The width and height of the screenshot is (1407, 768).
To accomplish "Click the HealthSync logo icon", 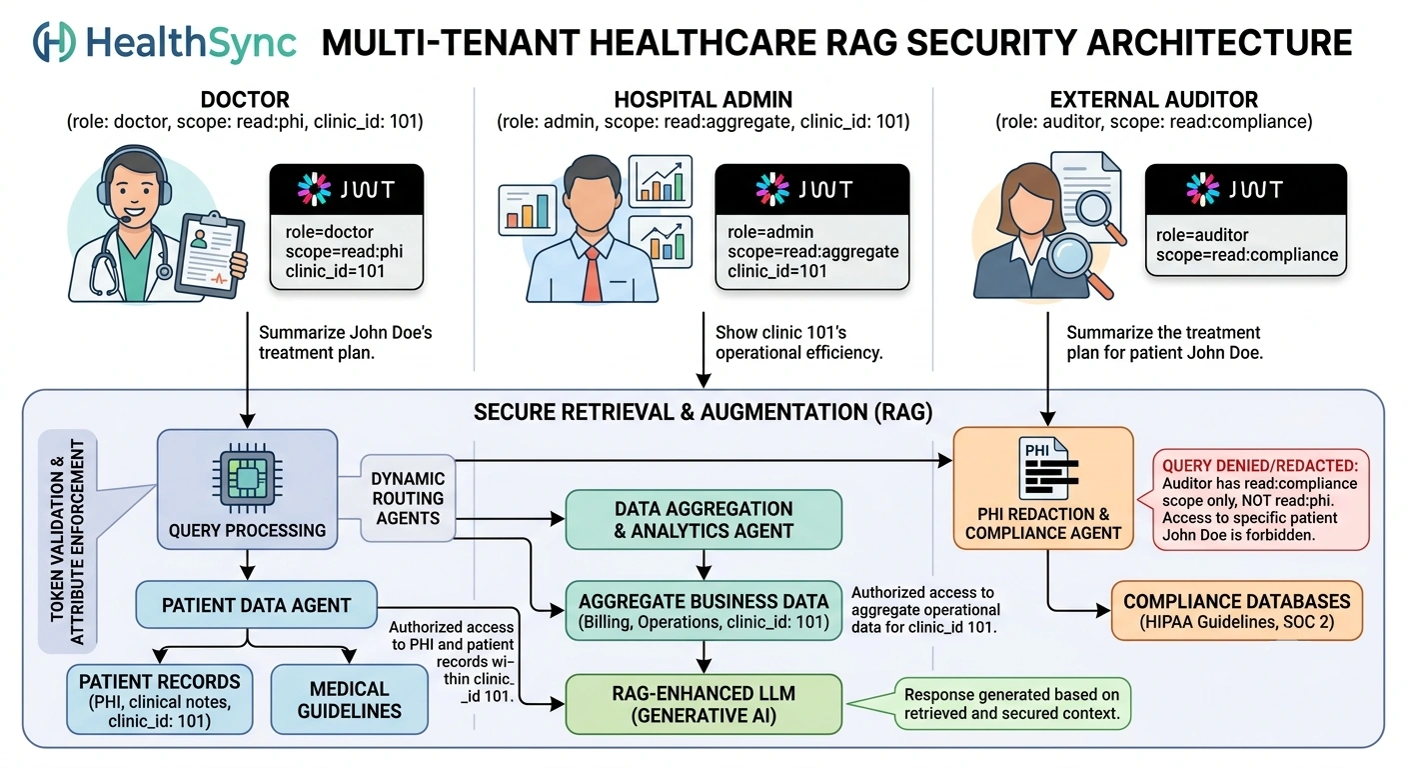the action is click(x=55, y=42).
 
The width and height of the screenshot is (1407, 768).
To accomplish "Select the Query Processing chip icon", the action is click(x=247, y=478).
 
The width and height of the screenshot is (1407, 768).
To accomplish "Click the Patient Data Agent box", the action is click(x=256, y=605).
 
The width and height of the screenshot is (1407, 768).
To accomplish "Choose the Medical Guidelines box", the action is click(x=349, y=699).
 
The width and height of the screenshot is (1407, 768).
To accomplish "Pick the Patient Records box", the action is click(x=160, y=699).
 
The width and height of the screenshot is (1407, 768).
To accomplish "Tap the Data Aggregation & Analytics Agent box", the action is click(x=703, y=520).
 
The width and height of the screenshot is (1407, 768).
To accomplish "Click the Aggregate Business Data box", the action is click(x=703, y=611).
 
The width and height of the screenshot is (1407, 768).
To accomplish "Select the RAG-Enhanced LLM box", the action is click(x=703, y=704).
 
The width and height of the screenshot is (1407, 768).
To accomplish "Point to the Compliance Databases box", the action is click(x=1237, y=611).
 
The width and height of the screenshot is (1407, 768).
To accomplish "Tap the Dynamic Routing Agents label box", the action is click(x=408, y=498).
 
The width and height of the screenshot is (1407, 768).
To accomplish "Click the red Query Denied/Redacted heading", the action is click(x=1260, y=466).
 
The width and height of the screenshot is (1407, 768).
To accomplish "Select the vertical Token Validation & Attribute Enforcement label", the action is click(x=68, y=542).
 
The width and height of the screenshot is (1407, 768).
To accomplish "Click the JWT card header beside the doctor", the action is click(x=347, y=189).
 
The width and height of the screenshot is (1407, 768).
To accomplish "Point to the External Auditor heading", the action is click(x=1154, y=100).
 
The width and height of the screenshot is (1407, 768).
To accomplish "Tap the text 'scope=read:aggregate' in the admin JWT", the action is click(x=812, y=251).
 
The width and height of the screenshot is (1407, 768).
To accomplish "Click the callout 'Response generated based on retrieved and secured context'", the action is click(x=1011, y=704).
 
